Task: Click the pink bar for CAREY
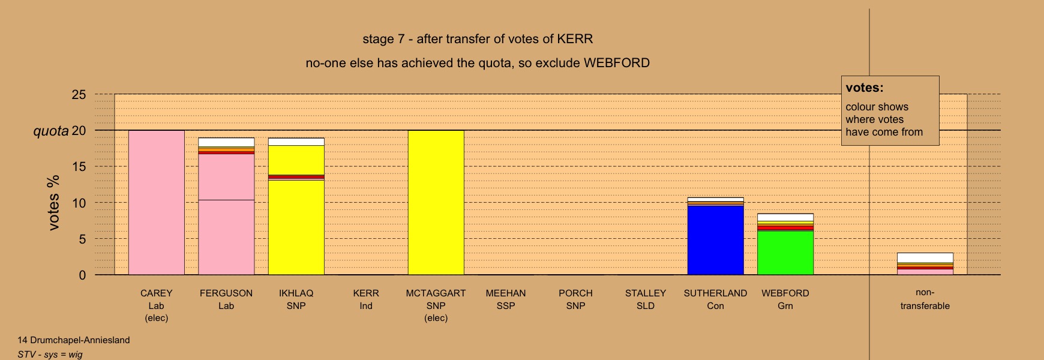[157, 203]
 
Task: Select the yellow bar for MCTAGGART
[436, 203]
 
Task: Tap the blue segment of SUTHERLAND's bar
[715, 240]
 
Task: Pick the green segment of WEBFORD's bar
[785, 253]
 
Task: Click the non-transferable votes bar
[925, 264]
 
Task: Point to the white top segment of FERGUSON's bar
[226, 142]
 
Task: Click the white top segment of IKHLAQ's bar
[296, 142]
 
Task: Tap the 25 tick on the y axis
[79, 94]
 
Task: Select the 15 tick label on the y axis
[79, 167]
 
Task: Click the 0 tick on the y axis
[83, 275]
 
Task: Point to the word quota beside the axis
[51, 131]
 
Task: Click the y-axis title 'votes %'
[54, 202]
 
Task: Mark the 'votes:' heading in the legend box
[865, 88]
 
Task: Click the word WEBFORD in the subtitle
[617, 63]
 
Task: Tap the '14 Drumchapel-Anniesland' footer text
[74, 340]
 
